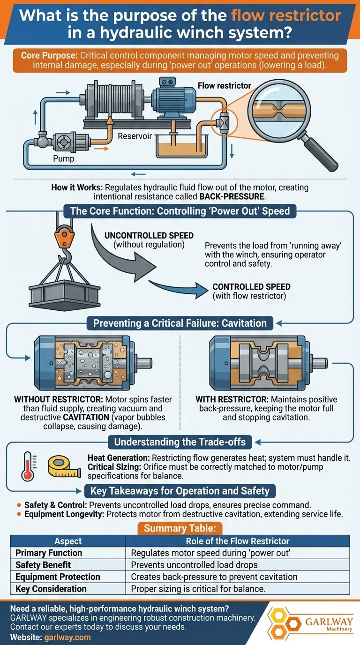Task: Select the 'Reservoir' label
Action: (x=135, y=136)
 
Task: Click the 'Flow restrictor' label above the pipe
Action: (x=224, y=86)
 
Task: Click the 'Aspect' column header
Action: (x=68, y=541)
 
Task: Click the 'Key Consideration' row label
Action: (x=51, y=588)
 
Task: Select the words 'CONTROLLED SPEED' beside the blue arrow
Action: (x=251, y=286)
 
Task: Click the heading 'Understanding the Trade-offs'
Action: (x=180, y=442)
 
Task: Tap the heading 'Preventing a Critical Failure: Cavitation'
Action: (x=180, y=323)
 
